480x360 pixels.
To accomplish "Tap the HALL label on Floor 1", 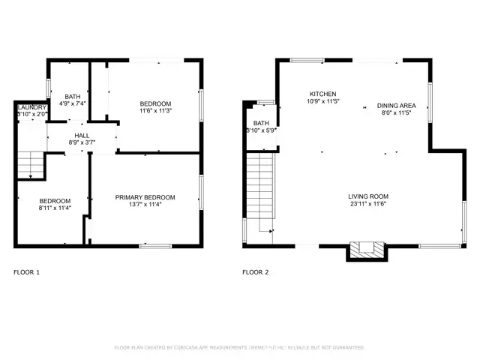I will tap(82, 135).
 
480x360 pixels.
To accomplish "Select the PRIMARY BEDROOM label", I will tap(145, 197).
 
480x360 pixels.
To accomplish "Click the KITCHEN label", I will tap(323, 94).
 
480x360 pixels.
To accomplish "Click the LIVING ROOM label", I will tap(367, 196).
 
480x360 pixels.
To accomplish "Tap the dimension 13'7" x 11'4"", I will tap(145, 205).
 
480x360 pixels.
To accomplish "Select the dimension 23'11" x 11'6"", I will tap(367, 204).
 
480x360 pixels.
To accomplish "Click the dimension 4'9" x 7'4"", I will tap(73, 104).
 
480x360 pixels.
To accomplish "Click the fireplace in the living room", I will tap(367, 250).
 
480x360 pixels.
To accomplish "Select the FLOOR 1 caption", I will tap(27, 272).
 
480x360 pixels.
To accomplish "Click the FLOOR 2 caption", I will tap(255, 272).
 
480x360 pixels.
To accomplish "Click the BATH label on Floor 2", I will tap(261, 123).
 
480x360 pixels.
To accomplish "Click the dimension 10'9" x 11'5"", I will tap(323, 101).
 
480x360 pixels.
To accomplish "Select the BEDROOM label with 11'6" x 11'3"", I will tap(156, 103).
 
